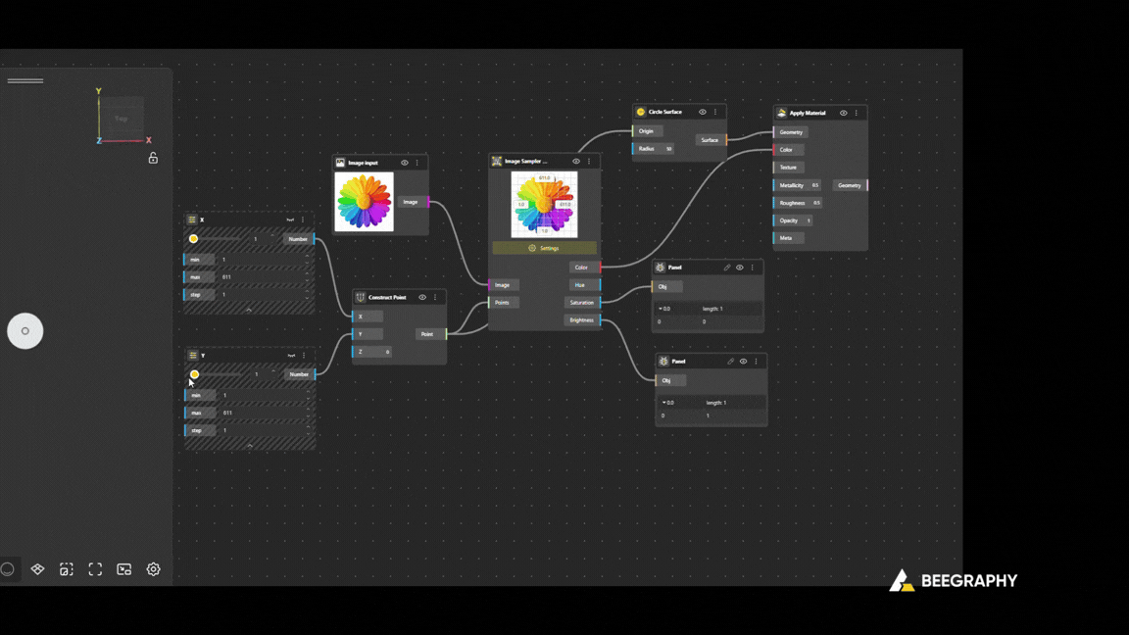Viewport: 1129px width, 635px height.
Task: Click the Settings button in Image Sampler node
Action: (x=544, y=248)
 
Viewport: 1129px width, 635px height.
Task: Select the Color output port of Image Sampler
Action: (x=582, y=268)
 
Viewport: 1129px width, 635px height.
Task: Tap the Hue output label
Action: (x=580, y=285)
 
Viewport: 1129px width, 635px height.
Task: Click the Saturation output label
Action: (x=582, y=303)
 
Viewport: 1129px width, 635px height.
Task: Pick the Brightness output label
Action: (x=581, y=320)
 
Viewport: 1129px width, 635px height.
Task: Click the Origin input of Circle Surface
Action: (x=646, y=131)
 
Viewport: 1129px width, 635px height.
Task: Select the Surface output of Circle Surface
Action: (x=710, y=140)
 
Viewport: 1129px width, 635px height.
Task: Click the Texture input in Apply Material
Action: (x=788, y=168)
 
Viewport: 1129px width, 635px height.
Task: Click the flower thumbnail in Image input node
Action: (x=364, y=202)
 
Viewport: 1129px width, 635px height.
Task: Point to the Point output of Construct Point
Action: (x=427, y=334)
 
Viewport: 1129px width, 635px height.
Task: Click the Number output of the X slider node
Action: (x=298, y=239)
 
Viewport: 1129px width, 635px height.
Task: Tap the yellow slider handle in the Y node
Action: (x=194, y=374)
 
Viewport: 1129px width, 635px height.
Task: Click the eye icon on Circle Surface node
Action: (x=703, y=113)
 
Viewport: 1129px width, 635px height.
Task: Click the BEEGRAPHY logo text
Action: (x=969, y=581)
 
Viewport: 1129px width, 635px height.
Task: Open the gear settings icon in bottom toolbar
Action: (x=154, y=569)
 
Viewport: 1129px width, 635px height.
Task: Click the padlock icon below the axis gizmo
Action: (x=153, y=158)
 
